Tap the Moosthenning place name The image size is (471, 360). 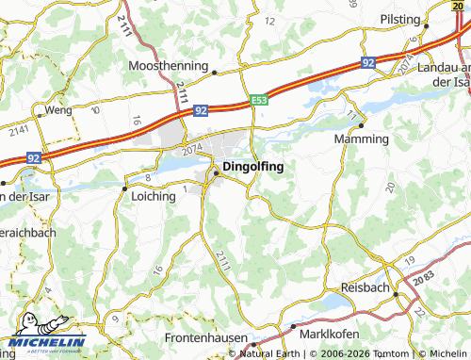(170, 67)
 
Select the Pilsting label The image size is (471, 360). (399, 18)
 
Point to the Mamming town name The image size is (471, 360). (362, 139)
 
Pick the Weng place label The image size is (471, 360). (58, 110)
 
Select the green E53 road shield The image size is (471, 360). (260, 100)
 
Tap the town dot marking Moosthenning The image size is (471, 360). (215, 72)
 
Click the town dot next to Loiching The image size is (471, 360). (124, 188)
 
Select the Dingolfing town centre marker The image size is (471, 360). (217, 172)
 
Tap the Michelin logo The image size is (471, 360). (43, 341)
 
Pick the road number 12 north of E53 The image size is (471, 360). (270, 21)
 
